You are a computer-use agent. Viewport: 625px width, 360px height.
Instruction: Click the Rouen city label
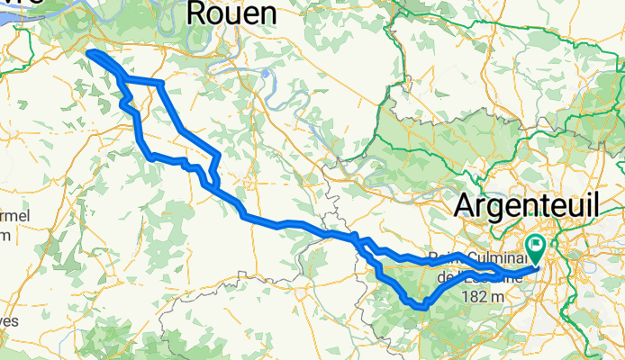click(232, 14)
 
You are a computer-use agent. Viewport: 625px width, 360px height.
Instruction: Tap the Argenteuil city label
click(525, 205)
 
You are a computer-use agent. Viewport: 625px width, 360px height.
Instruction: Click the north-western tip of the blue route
click(88, 54)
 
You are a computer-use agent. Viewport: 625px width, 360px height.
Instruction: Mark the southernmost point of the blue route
click(420, 309)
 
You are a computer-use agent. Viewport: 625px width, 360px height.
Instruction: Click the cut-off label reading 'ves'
click(9, 319)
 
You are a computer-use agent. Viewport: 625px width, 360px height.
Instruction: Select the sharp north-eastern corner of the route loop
click(160, 84)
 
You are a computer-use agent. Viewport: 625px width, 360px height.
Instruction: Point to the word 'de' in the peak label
click(445, 277)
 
